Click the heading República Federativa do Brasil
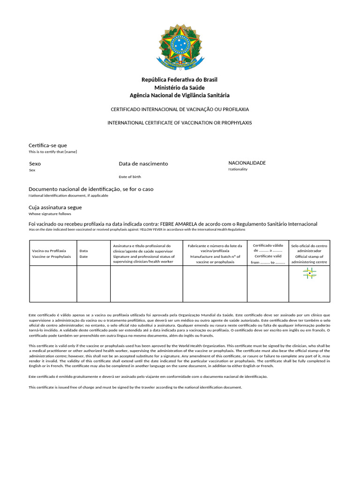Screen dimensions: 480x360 (180, 80)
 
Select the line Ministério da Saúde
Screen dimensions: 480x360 (180, 88)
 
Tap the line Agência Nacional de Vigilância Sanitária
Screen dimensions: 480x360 (180, 95)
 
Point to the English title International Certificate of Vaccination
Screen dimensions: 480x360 (180, 123)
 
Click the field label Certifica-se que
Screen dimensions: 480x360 (48, 145)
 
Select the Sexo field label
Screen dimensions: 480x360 (35, 164)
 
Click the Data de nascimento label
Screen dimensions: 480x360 (143, 164)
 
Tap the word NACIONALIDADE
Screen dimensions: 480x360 (247, 163)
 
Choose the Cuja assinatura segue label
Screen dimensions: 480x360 (55, 207)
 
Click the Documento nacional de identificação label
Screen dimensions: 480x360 (91, 189)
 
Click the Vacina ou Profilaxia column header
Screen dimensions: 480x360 (51, 254)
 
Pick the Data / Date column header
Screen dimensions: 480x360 (83, 254)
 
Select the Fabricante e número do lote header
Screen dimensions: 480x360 (215, 254)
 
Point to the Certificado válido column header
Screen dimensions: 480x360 (268, 254)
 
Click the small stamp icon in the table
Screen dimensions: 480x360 (309, 273)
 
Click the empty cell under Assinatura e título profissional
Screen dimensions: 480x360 (146, 284)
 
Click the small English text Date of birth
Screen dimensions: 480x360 (130, 177)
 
